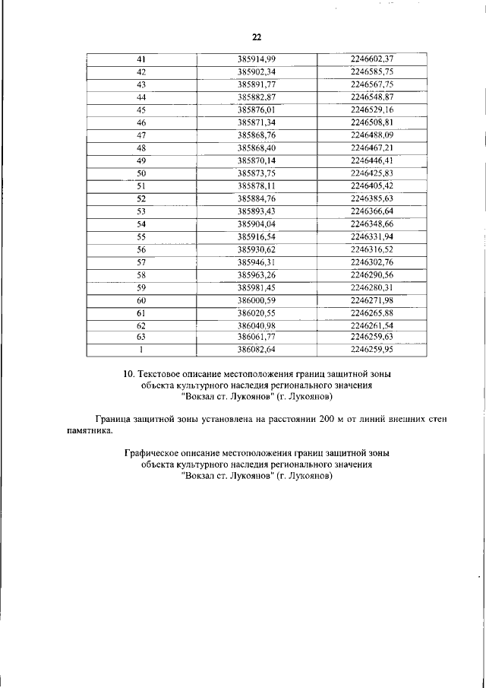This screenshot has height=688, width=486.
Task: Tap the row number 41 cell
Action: [140, 59]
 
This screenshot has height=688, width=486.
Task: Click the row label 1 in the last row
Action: [140, 350]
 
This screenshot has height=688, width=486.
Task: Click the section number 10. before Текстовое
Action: [129, 374]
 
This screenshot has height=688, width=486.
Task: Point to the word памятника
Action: [88, 430]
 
